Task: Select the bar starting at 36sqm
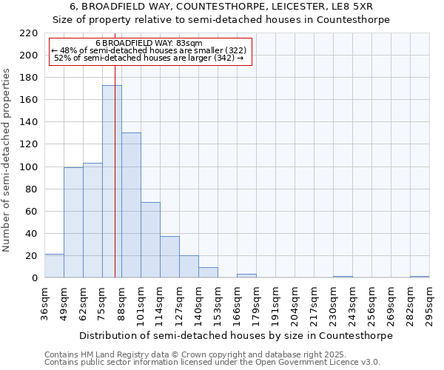[x=54, y=266]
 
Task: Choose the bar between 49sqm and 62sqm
[x=73, y=222]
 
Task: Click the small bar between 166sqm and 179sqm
[x=246, y=276]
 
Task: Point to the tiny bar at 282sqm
[x=420, y=277]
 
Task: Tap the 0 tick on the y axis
[x=34, y=278]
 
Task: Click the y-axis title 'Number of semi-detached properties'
[x=7, y=160]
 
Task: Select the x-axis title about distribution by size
[x=236, y=335]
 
